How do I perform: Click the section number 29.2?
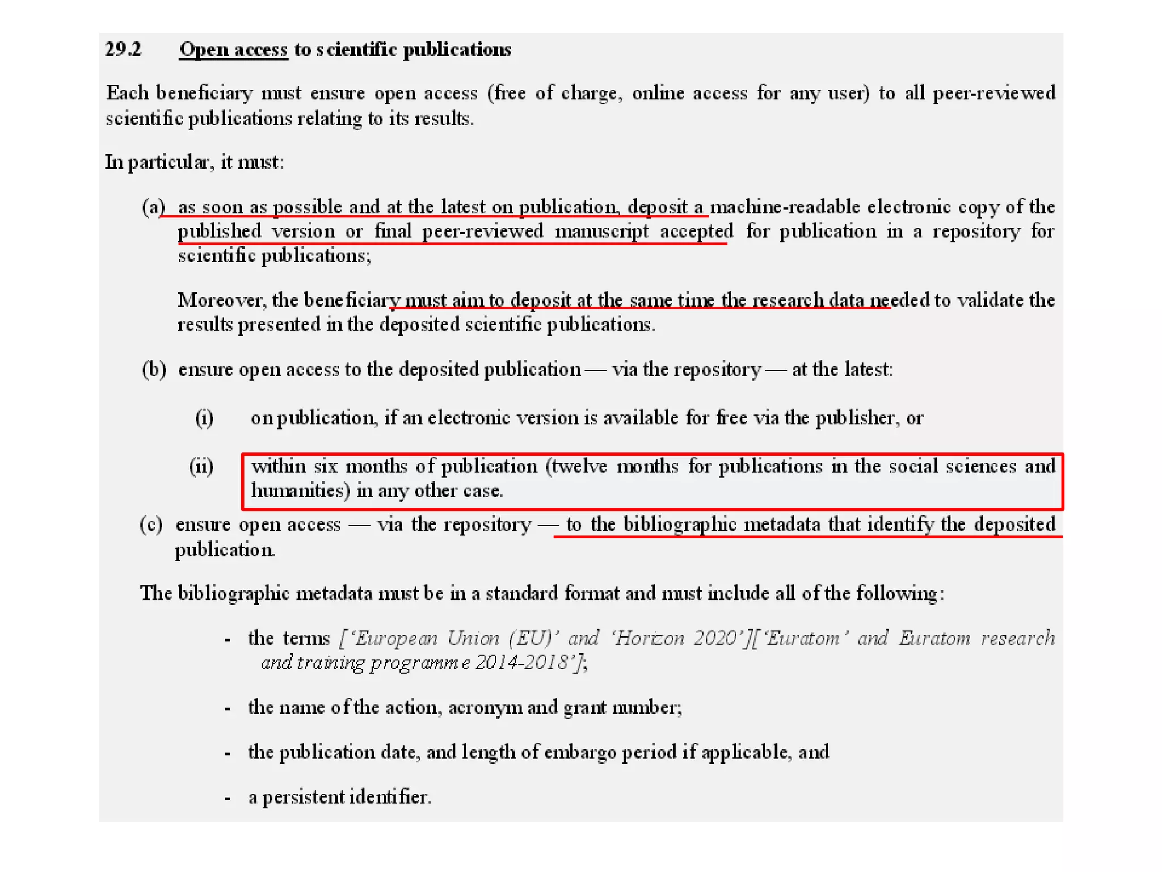tap(123, 49)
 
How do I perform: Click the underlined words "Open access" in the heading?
tap(234, 49)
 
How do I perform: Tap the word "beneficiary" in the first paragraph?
tap(204, 93)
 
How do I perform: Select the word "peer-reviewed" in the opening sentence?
tap(993, 93)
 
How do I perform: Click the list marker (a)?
tap(153, 207)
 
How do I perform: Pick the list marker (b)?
tap(154, 370)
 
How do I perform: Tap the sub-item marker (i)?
tap(204, 418)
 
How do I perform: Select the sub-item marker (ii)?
tap(201, 467)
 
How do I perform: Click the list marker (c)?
tap(151, 524)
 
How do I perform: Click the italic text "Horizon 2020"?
tap(670, 638)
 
